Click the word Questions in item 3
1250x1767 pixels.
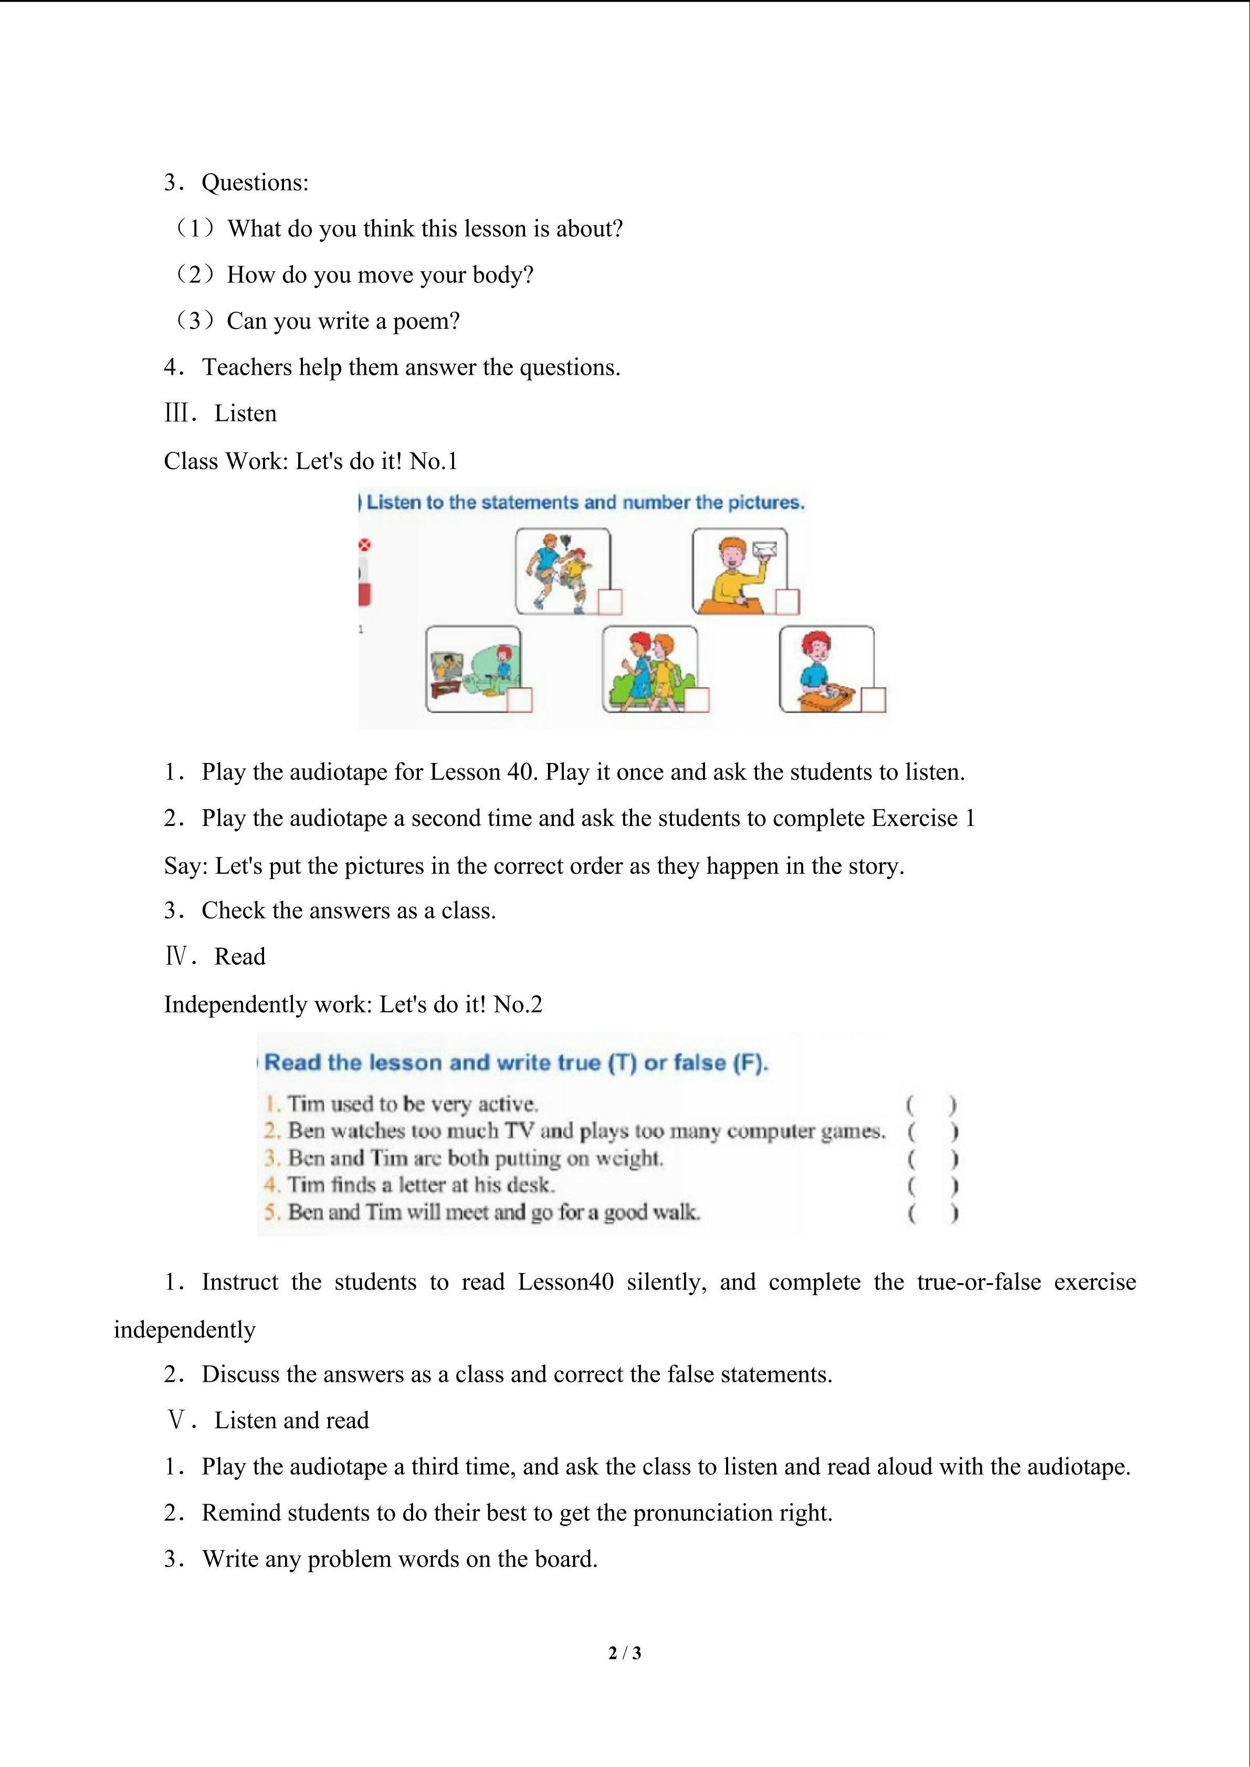tap(254, 183)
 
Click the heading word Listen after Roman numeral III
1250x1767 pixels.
tap(245, 414)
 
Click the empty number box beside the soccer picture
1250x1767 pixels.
tap(610, 602)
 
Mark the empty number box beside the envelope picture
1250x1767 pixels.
tap(786, 602)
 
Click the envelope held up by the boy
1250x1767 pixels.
tap(765, 549)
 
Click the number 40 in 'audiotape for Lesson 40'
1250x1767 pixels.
tap(520, 773)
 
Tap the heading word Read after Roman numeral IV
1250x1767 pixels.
tap(239, 957)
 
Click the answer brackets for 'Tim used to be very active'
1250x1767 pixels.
tap(931, 1105)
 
